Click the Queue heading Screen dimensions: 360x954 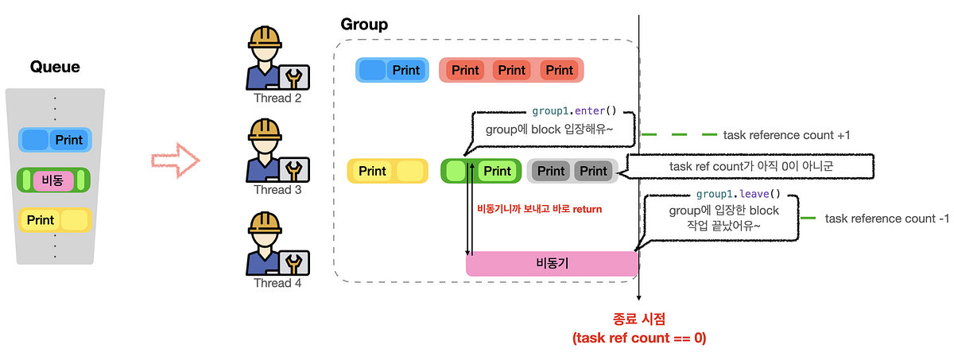coord(55,68)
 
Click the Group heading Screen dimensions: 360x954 coord(364,25)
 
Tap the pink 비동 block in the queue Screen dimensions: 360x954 coord(54,180)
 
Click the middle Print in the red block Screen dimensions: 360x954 coord(512,70)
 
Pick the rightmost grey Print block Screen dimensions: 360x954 coord(593,171)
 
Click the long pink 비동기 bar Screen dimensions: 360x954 coord(551,263)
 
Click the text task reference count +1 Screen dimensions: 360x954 coord(786,135)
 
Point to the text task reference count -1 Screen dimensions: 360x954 coord(886,218)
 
